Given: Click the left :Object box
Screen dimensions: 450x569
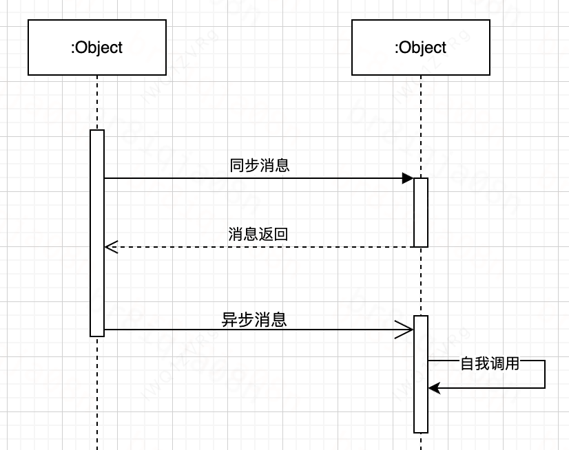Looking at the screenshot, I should pyautogui.click(x=97, y=47).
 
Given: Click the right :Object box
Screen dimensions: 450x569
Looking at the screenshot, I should pyautogui.click(x=420, y=47).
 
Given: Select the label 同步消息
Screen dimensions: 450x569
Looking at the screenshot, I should pyautogui.click(x=259, y=166).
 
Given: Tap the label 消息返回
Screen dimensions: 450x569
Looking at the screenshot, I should pyautogui.click(x=258, y=234).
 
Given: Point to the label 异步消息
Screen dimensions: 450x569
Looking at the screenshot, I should pyautogui.click(x=254, y=320).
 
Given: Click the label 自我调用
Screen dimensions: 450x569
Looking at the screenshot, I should pyautogui.click(x=490, y=364).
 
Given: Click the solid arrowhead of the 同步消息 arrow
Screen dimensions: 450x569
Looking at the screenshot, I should pyautogui.click(x=408, y=178).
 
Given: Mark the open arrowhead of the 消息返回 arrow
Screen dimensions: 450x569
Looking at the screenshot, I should pyautogui.click(x=111, y=246).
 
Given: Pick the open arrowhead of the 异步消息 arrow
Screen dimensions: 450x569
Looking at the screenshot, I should pyautogui.click(x=404, y=330).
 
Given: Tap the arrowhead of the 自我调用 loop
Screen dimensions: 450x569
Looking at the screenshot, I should pyautogui.click(x=433, y=388).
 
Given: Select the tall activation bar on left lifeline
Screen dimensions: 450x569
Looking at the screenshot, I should pyautogui.click(x=97, y=233).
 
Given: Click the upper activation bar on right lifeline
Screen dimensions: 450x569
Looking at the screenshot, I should pyautogui.click(x=421, y=212).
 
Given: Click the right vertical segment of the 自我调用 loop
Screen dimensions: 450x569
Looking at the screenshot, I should pyautogui.click(x=545, y=374).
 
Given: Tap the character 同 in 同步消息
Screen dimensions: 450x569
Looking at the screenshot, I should pyautogui.click(x=236, y=166).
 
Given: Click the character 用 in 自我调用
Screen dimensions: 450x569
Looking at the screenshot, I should pyautogui.click(x=512, y=364).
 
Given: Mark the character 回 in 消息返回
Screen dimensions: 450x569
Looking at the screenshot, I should pyautogui.click(x=280, y=234).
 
